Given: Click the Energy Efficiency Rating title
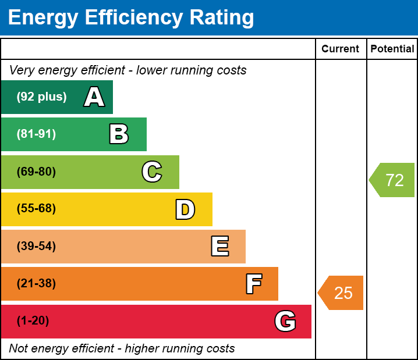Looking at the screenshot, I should coord(131,17).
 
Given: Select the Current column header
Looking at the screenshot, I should coord(340,49).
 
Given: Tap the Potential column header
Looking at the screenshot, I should coord(392,49).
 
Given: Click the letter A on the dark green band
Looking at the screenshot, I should coord(94,97).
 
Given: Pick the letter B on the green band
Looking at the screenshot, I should coord(119,134).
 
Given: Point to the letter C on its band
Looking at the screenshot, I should coord(152,172).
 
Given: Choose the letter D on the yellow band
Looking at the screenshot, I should coord(185,209).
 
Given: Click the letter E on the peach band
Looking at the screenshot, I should coord(219,247).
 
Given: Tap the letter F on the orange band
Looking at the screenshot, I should coord(253,284).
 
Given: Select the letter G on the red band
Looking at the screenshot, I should coord(285,321).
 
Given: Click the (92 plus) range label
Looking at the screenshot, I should coord(41,97).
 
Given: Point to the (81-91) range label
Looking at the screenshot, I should coord(36,134).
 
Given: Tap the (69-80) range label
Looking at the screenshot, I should coord(36,172).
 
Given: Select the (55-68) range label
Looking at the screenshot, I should coord(36,209).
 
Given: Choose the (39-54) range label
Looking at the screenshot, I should coord(36,247).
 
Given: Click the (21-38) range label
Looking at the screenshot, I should coord(36,284).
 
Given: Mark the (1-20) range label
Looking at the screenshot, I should coord(33,321).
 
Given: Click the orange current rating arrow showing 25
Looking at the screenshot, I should coord(342,293).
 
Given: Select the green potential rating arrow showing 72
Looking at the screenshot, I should coord(393,180).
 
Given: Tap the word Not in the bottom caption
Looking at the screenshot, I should coord(19,349).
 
